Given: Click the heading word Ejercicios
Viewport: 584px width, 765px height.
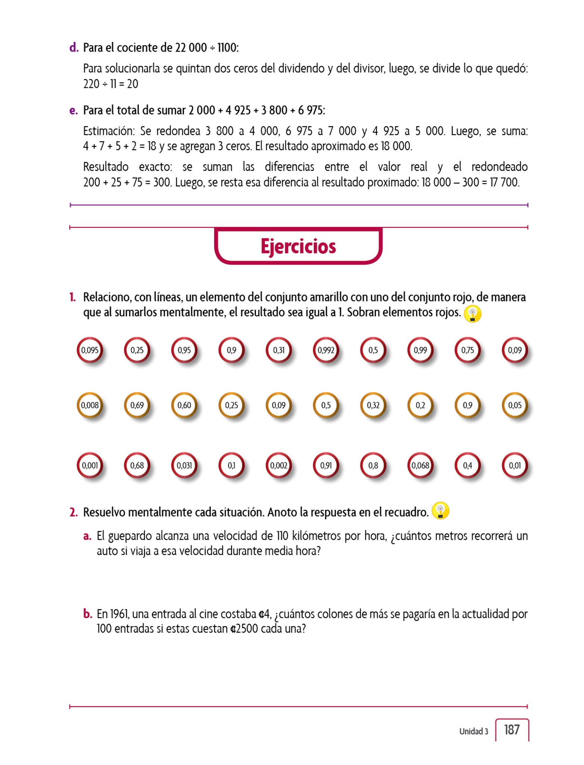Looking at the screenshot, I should tap(298, 247).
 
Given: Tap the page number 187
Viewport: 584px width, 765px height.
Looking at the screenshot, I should tap(512, 730).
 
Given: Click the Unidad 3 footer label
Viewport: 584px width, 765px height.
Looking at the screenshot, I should tap(473, 731).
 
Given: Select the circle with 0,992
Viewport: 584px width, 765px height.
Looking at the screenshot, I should tap(326, 350).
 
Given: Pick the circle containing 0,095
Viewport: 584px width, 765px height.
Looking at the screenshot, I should tap(90, 350).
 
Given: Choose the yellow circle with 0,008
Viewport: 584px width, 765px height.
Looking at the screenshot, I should tap(90, 405).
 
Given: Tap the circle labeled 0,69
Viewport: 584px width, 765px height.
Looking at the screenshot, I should tap(137, 405).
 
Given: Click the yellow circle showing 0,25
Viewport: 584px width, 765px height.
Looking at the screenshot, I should tap(232, 405).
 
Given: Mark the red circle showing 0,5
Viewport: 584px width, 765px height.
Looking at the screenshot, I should tap(373, 350).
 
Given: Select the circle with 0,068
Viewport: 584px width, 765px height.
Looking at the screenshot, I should tap(420, 465).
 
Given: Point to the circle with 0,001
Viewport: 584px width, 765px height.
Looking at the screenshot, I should tap(90, 465).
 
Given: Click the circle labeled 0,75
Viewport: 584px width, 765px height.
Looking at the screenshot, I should tap(467, 350).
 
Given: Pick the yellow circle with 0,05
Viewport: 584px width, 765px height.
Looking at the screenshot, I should tap(515, 405).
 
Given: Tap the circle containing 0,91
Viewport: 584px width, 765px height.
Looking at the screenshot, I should tap(326, 465).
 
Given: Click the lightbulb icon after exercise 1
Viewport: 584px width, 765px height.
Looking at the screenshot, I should tap(472, 314).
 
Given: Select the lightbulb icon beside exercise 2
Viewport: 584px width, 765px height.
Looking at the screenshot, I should tap(440, 511).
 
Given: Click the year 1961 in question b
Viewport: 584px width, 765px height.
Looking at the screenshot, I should tap(119, 614).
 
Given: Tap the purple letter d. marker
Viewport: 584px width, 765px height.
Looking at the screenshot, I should tap(74, 48).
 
